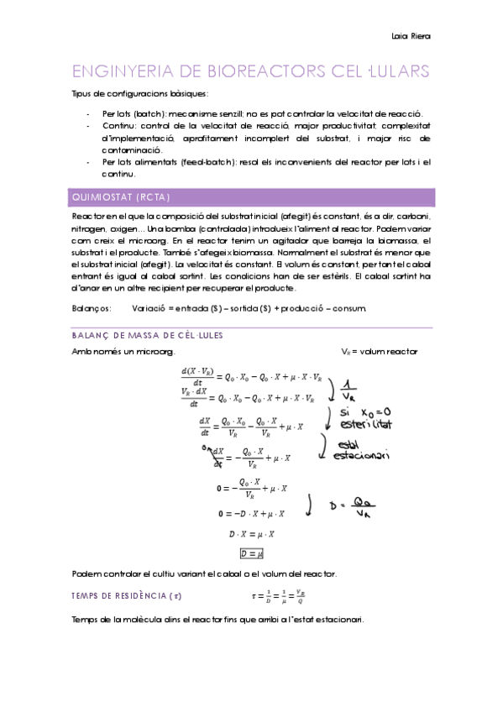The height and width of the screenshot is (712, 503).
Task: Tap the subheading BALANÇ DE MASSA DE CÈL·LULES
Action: tap(147, 335)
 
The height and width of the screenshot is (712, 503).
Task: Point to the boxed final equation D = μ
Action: tap(252, 554)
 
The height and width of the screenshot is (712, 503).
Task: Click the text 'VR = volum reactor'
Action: tap(379, 351)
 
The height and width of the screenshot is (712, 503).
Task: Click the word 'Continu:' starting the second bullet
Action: tap(118, 125)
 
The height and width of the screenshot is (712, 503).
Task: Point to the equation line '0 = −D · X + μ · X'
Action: tap(252, 512)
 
